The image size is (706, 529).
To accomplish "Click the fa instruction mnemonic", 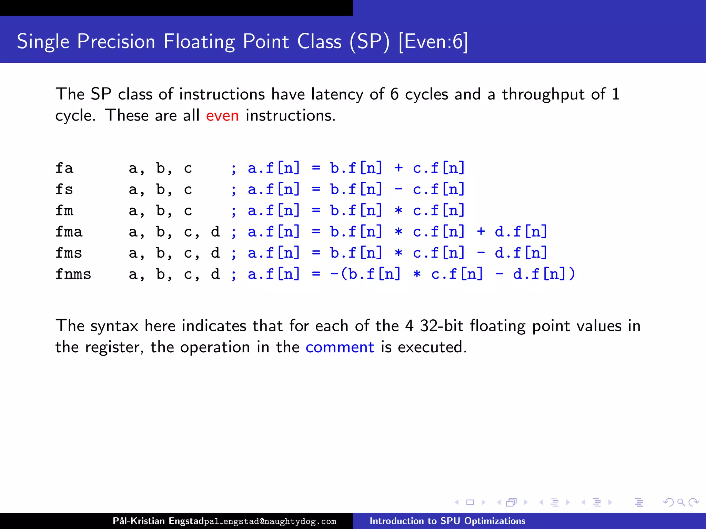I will tap(64, 168).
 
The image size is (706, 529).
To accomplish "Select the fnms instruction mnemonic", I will tap(73, 274).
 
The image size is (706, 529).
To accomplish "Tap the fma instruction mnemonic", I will tap(69, 232).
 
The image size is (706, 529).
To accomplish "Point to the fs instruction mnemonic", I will tap(64, 190).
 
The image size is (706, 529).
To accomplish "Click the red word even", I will tap(222, 115).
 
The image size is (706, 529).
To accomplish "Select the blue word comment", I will tap(340, 347).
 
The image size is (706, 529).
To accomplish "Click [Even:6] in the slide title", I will tap(433, 42).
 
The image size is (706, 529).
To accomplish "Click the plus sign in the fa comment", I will tap(399, 168).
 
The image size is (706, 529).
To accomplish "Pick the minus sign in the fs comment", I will tap(399, 189).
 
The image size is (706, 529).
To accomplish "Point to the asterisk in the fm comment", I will tap(399, 211).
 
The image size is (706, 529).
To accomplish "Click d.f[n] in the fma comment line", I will tap(521, 232).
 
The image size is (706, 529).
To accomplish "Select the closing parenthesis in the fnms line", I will tap(572, 274).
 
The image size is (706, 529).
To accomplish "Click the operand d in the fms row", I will tap(215, 253).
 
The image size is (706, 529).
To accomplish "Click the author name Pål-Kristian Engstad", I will tap(158, 521).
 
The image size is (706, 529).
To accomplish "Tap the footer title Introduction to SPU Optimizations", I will tap(447, 521).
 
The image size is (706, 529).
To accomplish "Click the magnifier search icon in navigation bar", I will tap(681, 502).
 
